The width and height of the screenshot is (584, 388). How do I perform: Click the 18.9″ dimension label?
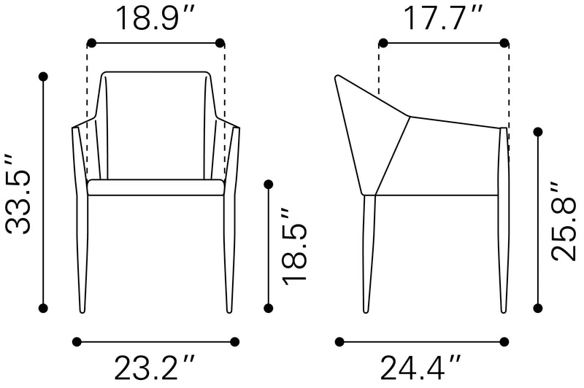155,17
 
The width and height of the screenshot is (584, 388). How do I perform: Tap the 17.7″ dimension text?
442,17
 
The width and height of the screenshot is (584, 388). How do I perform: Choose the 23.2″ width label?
154,368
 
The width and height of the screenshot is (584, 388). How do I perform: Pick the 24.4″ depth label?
420,368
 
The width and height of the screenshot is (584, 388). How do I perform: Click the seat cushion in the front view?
155,187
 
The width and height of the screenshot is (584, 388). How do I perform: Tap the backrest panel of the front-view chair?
155,125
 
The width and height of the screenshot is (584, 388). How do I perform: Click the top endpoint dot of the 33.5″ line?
43,77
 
